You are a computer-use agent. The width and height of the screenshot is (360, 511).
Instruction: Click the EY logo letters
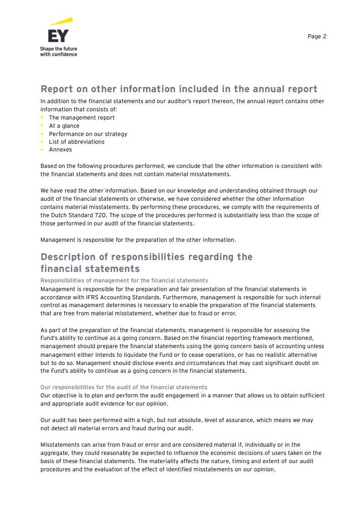click(58, 36)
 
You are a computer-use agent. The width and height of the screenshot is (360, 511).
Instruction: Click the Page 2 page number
click(317, 36)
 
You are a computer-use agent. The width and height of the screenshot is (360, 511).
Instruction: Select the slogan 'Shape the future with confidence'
click(58, 52)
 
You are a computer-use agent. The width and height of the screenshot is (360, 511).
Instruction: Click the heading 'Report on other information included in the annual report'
click(179, 89)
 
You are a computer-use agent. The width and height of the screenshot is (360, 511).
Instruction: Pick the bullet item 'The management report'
click(82, 118)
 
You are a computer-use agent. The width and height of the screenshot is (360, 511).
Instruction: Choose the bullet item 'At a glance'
click(64, 126)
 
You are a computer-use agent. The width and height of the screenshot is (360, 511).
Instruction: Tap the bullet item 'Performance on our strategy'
click(88, 134)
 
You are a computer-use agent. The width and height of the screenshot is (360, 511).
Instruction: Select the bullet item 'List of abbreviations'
click(77, 142)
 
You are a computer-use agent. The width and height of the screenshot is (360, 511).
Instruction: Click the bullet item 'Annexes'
click(60, 150)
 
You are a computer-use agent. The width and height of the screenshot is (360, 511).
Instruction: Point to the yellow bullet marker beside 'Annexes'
click(42, 150)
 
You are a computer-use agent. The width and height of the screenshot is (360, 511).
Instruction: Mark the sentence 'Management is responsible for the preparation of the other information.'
click(138, 240)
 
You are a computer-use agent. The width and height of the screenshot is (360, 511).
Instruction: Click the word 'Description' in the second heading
click(68, 257)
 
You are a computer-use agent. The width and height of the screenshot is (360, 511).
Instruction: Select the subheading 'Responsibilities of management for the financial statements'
click(124, 281)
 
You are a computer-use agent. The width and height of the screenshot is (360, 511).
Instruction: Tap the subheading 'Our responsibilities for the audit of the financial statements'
click(124, 387)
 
